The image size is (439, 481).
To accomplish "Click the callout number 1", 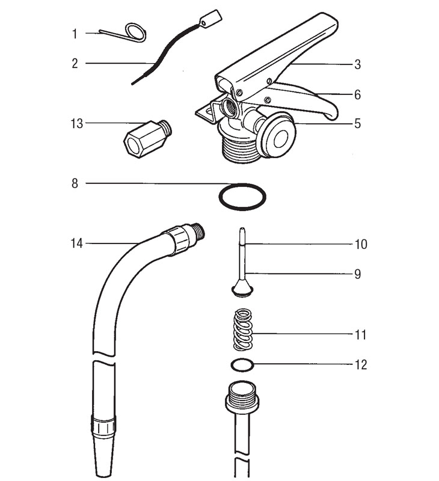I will click(x=75, y=34).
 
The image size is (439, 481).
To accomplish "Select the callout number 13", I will click(x=76, y=123).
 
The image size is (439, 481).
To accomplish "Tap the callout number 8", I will click(x=75, y=183).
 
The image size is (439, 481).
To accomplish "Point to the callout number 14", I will click(x=76, y=244).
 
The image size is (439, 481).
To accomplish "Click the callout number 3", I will click(x=357, y=63).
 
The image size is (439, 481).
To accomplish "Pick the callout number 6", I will click(x=357, y=94).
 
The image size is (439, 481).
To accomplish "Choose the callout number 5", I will click(x=357, y=124).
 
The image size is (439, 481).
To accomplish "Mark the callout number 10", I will click(x=361, y=245).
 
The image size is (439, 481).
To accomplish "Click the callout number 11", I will click(x=361, y=334).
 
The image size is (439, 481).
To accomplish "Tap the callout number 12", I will click(x=361, y=365).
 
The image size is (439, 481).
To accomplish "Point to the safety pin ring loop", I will click(x=135, y=32).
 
